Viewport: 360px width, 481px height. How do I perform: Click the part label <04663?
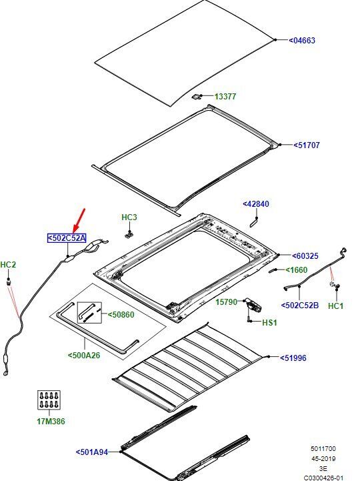(302, 41)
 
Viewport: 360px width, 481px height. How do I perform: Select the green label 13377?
(225, 97)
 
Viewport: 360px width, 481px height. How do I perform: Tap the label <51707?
(307, 145)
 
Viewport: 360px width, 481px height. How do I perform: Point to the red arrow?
(79, 220)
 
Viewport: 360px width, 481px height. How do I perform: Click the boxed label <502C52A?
(67, 238)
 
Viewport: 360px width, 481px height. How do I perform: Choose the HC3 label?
(129, 217)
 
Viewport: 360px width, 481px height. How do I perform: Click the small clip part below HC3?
(129, 235)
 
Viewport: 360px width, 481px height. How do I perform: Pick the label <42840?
(256, 204)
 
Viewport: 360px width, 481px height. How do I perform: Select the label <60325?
(305, 256)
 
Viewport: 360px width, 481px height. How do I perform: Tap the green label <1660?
(297, 270)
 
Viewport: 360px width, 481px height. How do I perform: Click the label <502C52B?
(300, 306)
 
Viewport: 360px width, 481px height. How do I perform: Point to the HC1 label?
(336, 306)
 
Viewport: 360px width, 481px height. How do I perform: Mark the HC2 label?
(8, 265)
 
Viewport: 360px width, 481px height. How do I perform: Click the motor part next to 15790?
(253, 306)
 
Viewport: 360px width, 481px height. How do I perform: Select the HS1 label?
(269, 322)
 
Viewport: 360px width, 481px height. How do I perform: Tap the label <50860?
(121, 315)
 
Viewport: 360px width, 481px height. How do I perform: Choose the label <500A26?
(84, 355)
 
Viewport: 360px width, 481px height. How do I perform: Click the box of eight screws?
(49, 400)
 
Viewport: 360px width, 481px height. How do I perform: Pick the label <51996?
(293, 358)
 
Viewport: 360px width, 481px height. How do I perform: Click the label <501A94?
(92, 452)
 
